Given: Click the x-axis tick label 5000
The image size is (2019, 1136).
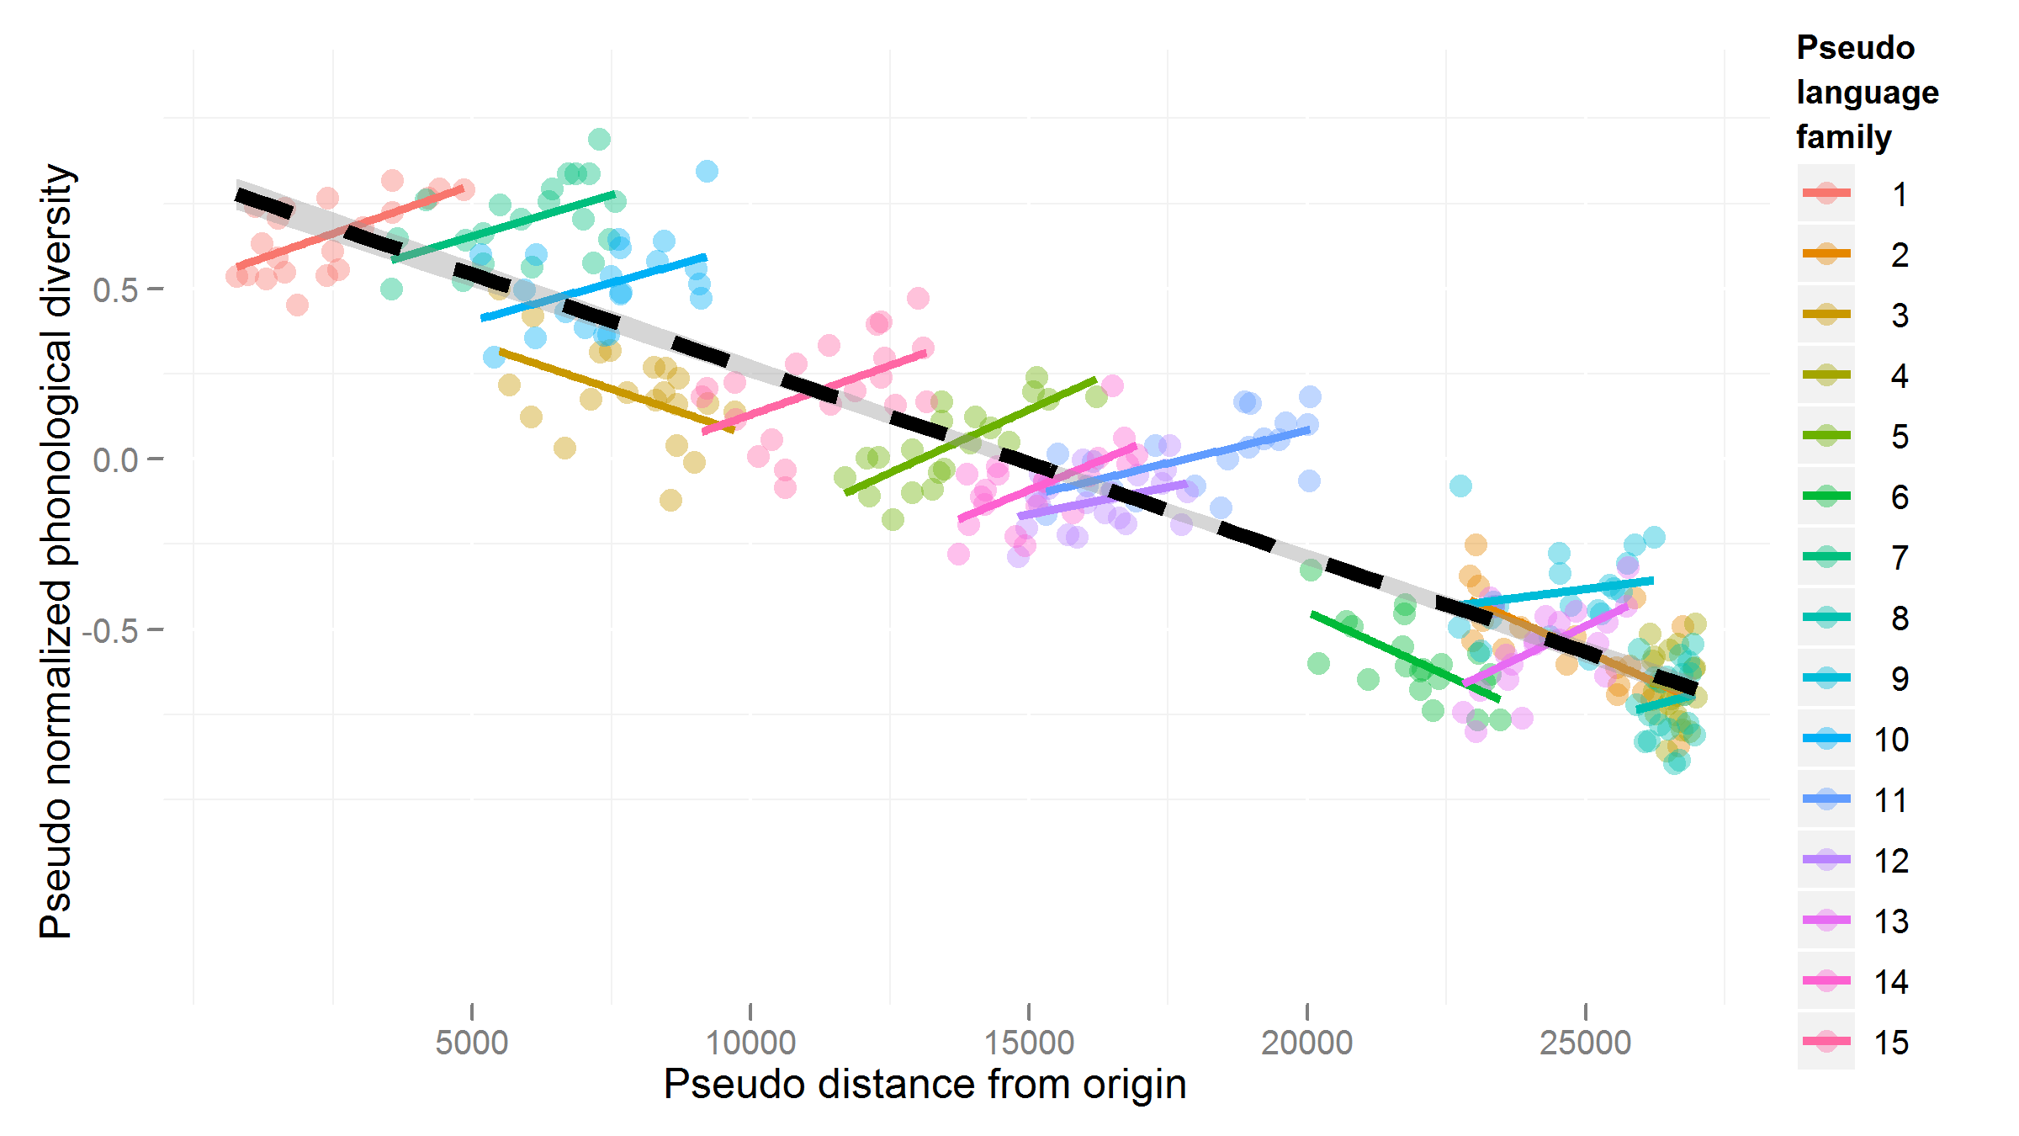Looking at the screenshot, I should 471,1043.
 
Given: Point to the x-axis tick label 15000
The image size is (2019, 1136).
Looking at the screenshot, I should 1029,1043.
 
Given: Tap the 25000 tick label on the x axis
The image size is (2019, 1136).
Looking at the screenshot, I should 1585,1043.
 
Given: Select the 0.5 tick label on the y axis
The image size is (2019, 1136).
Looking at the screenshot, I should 115,290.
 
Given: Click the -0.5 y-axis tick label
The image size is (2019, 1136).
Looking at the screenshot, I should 109,630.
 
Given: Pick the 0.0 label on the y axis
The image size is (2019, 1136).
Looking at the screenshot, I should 115,460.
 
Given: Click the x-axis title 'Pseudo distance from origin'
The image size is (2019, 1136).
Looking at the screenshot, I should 925,1084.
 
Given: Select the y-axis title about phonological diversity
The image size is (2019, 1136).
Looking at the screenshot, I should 57,551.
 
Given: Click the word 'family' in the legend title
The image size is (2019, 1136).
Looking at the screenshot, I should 1843,136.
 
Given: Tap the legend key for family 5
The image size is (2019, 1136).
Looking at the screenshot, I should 1826,436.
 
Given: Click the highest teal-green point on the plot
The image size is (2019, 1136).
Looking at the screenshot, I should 599,139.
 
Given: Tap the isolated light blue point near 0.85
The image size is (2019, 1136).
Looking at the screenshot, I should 707,172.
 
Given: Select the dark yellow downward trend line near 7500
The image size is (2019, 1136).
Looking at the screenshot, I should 614,390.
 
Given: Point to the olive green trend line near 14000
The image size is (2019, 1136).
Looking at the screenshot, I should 967,436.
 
